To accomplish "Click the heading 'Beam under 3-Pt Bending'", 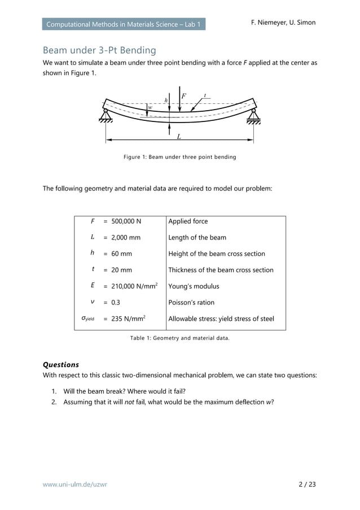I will (x=99, y=50).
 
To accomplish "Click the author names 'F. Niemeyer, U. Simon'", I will (x=283, y=23).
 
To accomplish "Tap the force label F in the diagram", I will (x=184, y=96).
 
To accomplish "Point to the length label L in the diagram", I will (x=179, y=137).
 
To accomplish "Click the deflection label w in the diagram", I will (x=150, y=107).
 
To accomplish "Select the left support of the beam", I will (x=106, y=115).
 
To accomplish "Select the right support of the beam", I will (x=253, y=115).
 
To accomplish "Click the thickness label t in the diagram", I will (x=205, y=95).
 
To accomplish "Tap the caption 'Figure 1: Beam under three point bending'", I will (x=179, y=157).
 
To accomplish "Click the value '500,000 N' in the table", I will (x=126, y=221).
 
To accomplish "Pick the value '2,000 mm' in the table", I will (x=126, y=238).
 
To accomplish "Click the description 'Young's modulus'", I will (x=194, y=286).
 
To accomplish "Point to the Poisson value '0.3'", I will (x=116, y=303).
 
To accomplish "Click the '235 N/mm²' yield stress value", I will (x=128, y=319).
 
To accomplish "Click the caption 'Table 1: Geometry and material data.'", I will (x=179, y=339).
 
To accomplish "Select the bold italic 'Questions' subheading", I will (x=61, y=365).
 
